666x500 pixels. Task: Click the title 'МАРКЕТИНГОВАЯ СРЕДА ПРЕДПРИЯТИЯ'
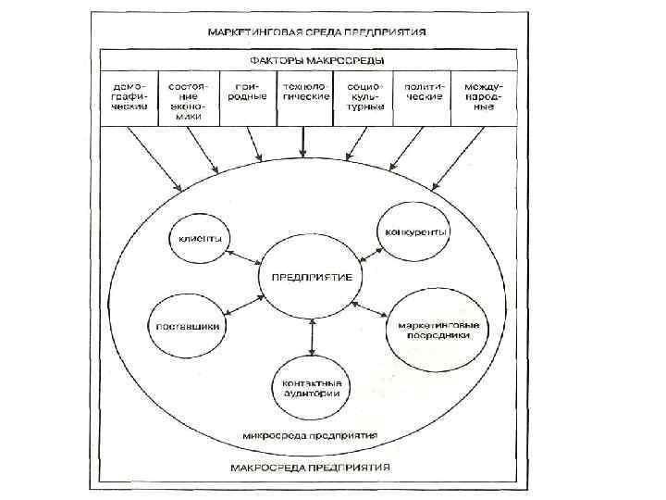coord(316,31)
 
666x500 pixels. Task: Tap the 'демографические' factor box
coord(129,95)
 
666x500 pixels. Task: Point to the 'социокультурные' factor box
coord(363,95)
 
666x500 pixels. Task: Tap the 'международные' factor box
coord(478,95)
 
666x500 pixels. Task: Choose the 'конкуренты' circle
coord(413,231)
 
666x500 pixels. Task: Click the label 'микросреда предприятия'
coord(314,433)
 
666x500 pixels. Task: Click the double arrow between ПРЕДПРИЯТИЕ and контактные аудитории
coord(312,337)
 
